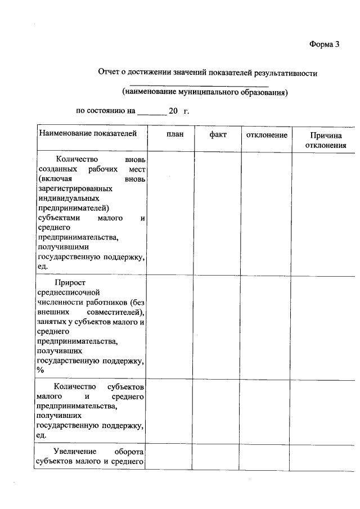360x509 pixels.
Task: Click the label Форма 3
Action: [x=325, y=45]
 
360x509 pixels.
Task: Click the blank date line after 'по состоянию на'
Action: [x=151, y=111]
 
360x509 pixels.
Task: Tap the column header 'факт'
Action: [x=218, y=135]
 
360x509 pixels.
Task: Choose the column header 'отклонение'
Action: [x=267, y=135]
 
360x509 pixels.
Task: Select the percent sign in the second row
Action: [x=40, y=370]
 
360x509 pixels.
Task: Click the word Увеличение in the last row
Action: [x=75, y=452]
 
